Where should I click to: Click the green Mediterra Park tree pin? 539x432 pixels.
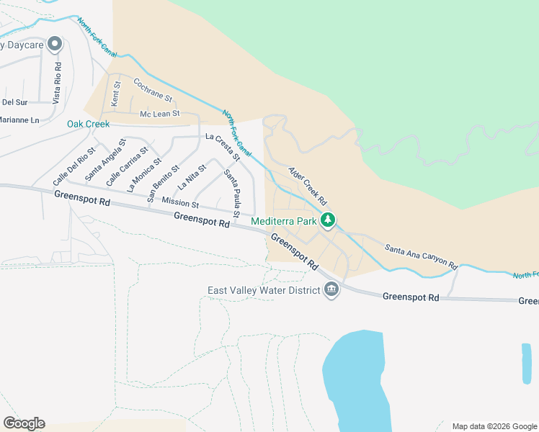[328, 220]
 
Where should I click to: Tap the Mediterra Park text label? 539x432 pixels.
[285, 222]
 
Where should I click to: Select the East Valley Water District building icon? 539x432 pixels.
[331, 290]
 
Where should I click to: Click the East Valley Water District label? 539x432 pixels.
[264, 291]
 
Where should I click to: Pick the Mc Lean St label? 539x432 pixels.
[159, 114]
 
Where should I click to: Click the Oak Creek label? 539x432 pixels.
[88, 124]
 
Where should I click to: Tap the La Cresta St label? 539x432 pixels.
[222, 145]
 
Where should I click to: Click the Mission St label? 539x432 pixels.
[179, 204]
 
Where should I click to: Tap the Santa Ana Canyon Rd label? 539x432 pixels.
[421, 256]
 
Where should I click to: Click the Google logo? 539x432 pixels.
[24, 423]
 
